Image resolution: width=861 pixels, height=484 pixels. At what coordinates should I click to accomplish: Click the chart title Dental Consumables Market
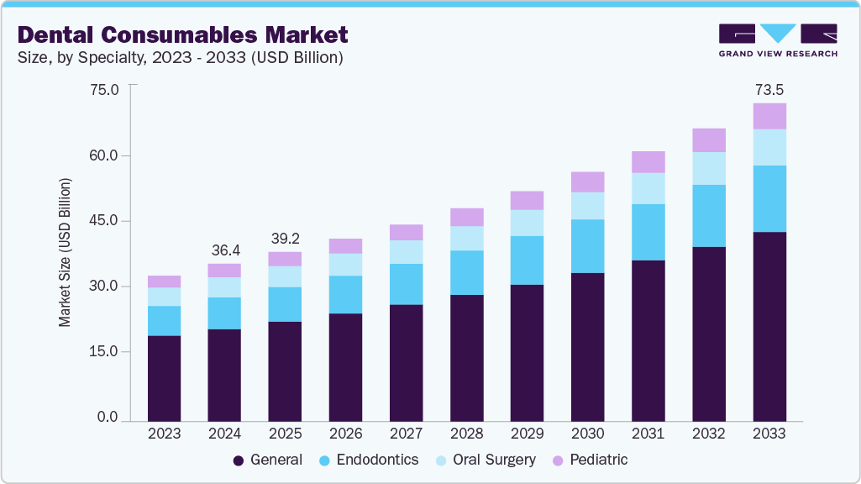(182, 35)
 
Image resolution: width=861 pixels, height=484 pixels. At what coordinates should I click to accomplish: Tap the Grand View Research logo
(777, 39)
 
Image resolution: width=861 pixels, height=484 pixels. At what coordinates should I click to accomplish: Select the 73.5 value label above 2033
(769, 89)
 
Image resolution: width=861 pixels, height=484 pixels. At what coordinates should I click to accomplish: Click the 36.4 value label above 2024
(224, 250)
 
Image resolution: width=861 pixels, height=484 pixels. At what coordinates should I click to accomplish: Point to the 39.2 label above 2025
(285, 238)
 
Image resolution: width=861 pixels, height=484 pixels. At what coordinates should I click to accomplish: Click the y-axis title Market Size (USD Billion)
(65, 253)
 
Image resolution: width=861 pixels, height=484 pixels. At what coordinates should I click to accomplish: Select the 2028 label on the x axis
(466, 434)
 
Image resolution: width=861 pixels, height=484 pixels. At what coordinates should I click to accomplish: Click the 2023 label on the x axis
(164, 434)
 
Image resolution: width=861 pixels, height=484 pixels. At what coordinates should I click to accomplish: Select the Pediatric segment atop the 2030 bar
(587, 182)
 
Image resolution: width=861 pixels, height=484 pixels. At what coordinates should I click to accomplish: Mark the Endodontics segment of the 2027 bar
(406, 284)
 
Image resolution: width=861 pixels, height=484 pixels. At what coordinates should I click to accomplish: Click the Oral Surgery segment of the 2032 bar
(708, 168)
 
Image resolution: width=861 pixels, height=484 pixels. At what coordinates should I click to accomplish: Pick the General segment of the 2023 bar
(164, 378)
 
